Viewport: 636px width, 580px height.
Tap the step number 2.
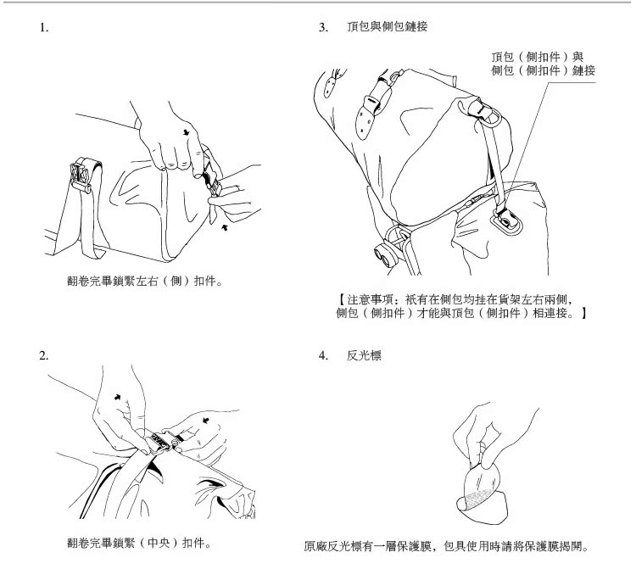pyautogui.click(x=43, y=354)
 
